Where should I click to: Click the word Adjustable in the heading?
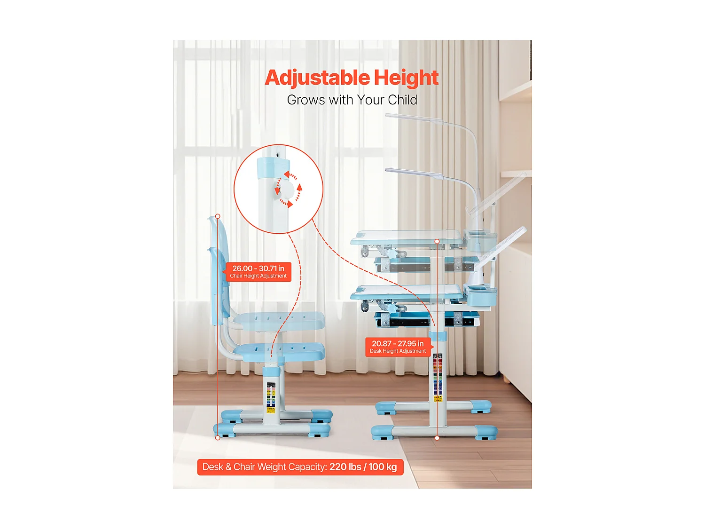click(x=317, y=78)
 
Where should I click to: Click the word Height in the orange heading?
click(x=406, y=78)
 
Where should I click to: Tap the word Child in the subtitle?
click(x=402, y=100)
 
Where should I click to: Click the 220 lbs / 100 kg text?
click(x=363, y=467)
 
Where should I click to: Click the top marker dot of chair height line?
click(x=218, y=216)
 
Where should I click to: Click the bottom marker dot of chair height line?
click(x=218, y=438)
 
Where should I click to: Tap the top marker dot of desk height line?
click(x=437, y=241)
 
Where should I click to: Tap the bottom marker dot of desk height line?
click(x=437, y=438)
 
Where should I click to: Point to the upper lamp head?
click(x=414, y=118)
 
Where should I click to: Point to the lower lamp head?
click(x=414, y=173)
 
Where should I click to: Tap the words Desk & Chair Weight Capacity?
click(x=264, y=467)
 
